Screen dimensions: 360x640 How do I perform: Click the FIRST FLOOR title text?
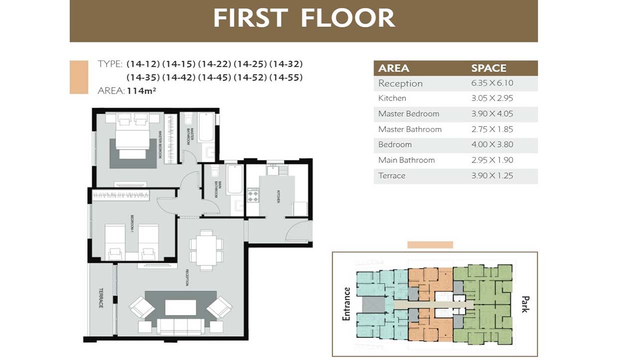(304, 18)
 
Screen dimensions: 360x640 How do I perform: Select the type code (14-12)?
(143, 64)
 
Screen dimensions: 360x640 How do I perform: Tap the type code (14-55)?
(285, 77)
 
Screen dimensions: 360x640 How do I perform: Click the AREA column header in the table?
(393, 68)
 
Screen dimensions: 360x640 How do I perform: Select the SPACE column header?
(488, 68)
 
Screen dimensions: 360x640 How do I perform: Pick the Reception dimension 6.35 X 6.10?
(492, 83)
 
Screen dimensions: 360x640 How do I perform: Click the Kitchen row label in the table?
(392, 98)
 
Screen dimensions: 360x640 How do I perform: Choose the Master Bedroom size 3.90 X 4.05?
(492, 114)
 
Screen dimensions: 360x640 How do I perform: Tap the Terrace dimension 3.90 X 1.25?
(492, 176)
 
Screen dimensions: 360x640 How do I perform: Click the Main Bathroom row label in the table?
(406, 160)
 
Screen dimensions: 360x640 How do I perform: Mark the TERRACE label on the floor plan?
(100, 298)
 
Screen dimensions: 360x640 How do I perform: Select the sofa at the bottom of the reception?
(180, 326)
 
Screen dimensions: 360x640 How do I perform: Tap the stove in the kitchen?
(253, 195)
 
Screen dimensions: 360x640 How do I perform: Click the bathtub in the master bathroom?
(206, 127)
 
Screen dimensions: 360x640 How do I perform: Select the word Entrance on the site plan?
(347, 304)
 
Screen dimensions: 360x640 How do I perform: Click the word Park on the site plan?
(524, 303)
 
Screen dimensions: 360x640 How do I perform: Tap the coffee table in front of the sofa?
(180, 307)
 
